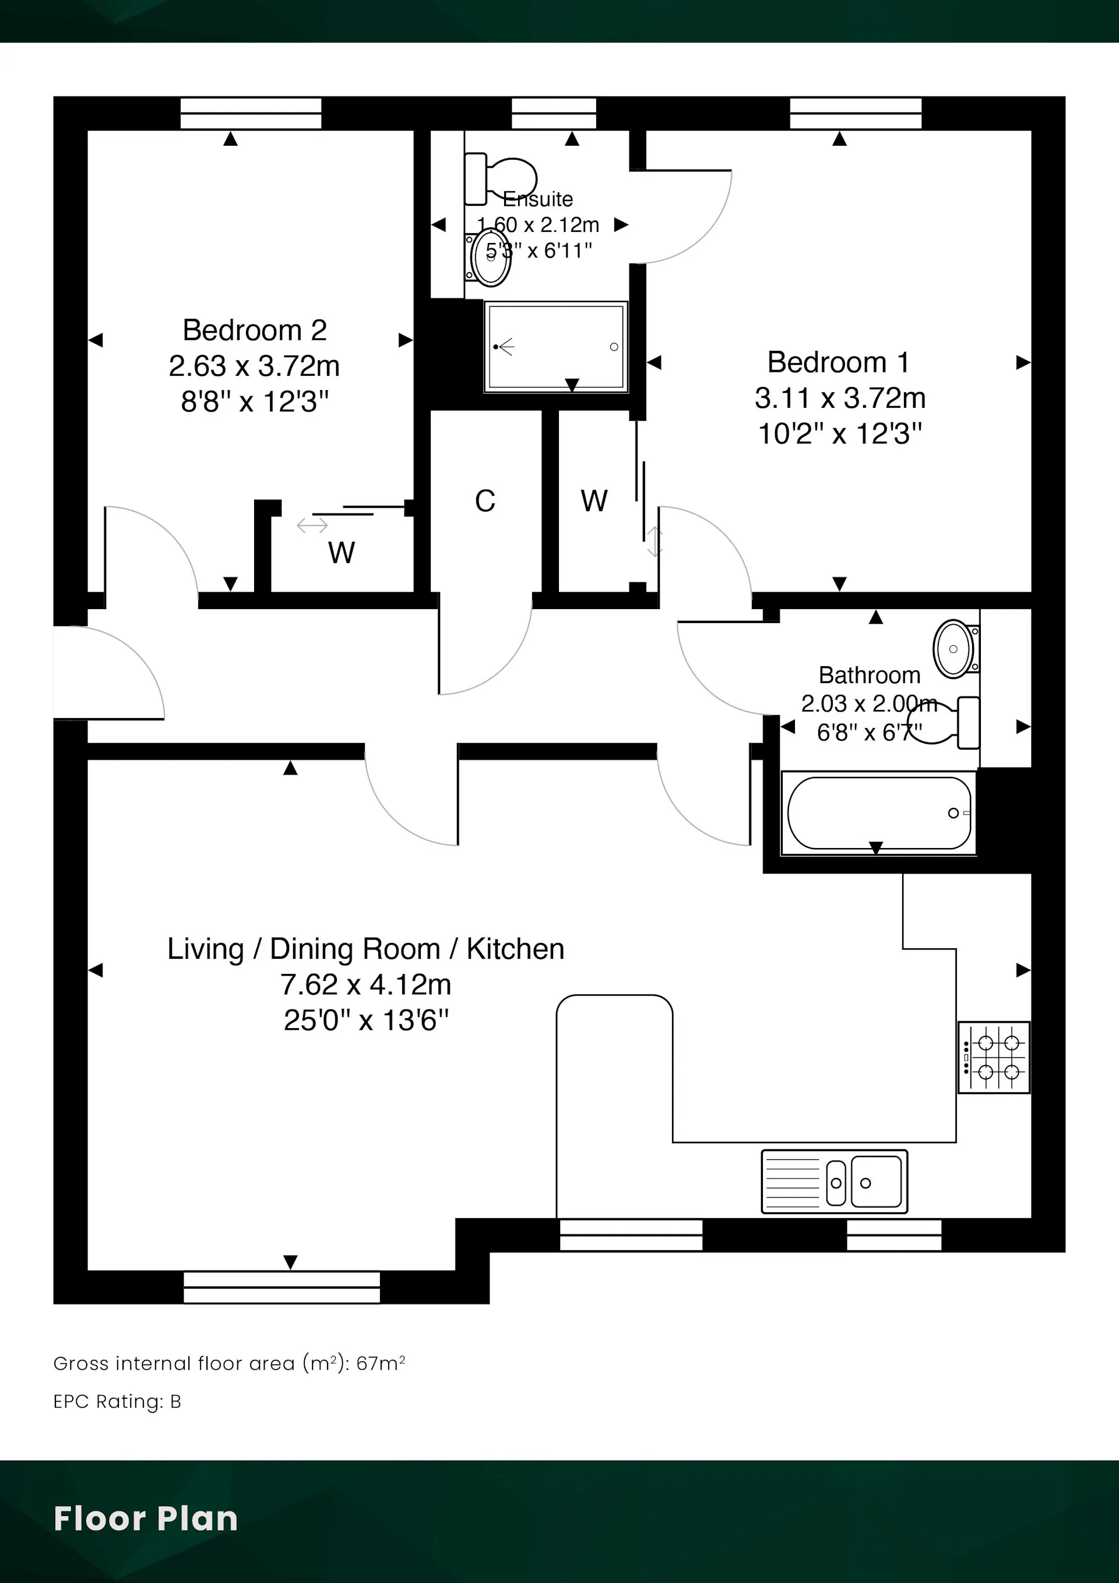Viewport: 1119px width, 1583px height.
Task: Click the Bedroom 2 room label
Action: [255, 330]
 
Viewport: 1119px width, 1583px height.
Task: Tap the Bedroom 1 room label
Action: [839, 363]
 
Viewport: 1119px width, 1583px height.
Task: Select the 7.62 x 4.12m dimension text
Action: [365, 984]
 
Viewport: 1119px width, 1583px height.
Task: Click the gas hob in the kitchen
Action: [994, 1057]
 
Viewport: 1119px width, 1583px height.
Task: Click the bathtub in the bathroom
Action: [878, 813]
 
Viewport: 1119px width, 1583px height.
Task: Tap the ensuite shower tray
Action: [555, 347]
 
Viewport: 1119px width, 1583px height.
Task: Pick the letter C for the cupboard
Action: [485, 501]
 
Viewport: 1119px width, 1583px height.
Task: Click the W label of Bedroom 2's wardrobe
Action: [342, 553]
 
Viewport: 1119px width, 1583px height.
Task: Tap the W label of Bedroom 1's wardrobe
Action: [594, 501]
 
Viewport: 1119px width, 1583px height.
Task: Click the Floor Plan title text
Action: [146, 1519]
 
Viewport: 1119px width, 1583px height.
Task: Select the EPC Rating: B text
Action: [117, 1402]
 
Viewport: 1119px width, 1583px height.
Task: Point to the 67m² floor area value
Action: [381, 1363]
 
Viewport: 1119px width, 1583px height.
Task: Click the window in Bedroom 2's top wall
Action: [251, 113]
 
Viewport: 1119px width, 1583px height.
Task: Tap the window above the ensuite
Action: [554, 113]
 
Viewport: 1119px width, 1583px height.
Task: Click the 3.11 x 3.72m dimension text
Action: [840, 398]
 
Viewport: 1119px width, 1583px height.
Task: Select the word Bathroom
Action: [870, 675]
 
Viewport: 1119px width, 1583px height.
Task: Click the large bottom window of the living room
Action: [282, 1287]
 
